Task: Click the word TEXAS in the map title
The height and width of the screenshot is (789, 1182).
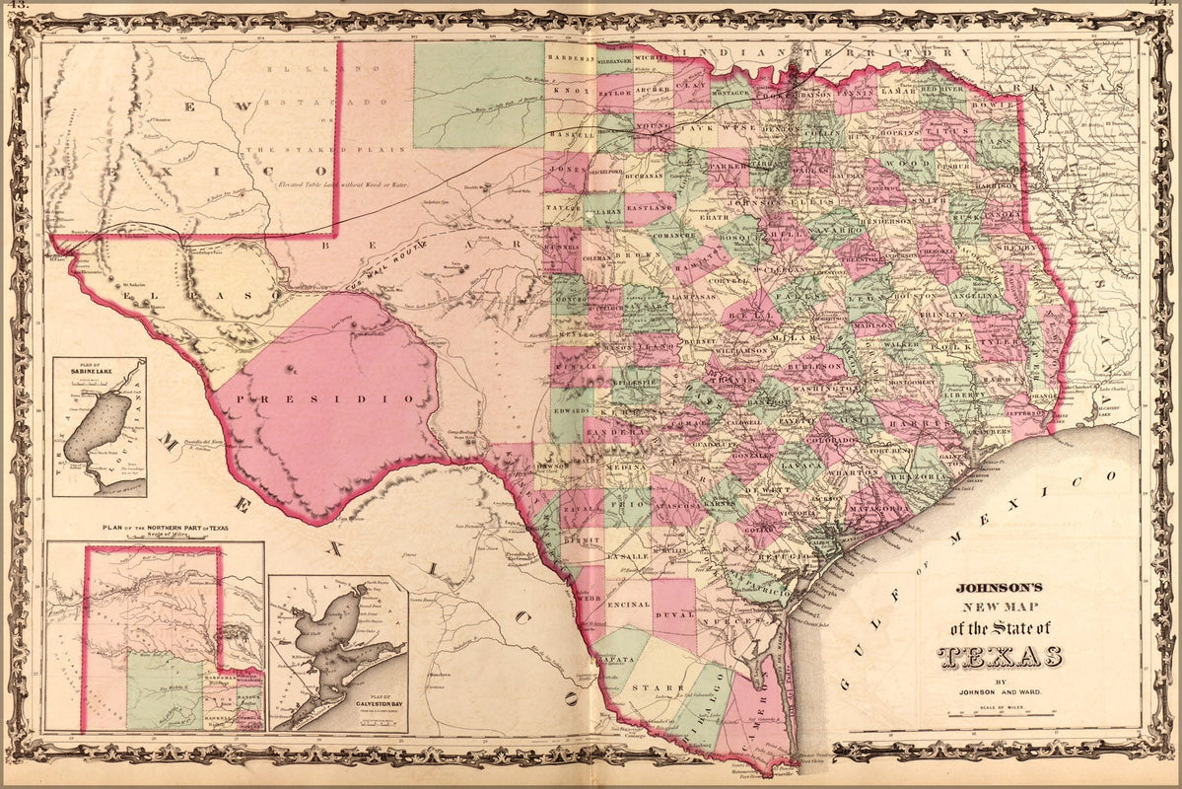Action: click(x=1000, y=657)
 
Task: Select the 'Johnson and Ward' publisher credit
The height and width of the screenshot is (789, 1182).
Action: click(x=1000, y=691)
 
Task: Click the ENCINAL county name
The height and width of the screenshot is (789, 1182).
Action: click(x=630, y=605)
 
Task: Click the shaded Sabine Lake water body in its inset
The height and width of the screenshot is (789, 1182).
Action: click(x=97, y=427)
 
